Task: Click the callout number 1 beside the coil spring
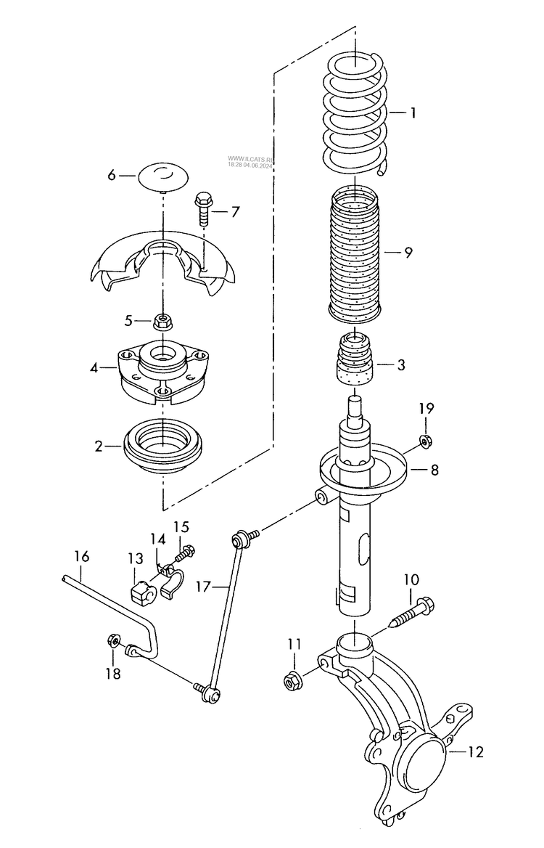413,113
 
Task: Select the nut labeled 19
426,440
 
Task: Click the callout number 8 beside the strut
434,470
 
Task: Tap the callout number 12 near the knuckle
475,752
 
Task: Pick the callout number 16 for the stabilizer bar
81,557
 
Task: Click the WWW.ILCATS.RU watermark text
250,157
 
